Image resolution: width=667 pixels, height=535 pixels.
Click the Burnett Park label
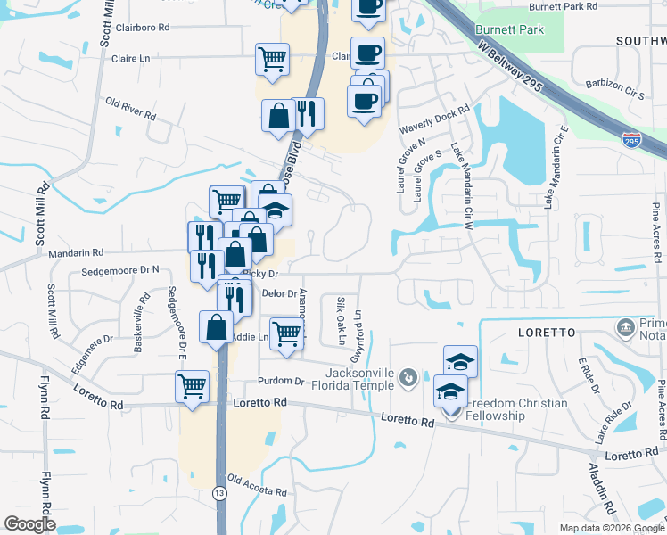(x=509, y=29)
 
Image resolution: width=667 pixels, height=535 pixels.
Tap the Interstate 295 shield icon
(x=631, y=141)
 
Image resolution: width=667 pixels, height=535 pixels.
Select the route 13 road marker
(x=218, y=492)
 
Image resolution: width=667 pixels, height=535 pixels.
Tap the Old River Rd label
(x=130, y=110)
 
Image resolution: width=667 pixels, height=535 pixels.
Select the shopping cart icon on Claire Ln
(x=272, y=59)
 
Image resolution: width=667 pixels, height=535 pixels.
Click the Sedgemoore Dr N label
(x=119, y=269)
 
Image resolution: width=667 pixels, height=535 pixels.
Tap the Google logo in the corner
(x=29, y=523)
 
